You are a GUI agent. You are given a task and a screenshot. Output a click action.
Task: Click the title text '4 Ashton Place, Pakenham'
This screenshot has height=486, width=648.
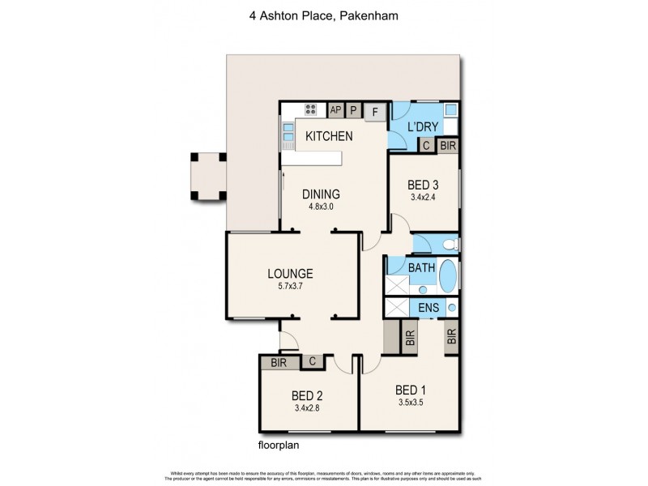324,14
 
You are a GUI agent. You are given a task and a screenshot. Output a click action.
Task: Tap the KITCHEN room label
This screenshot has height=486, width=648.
328,136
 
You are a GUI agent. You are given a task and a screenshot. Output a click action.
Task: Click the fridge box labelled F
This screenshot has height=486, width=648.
375,113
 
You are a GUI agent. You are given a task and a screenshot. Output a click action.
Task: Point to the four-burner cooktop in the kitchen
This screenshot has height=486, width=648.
310,110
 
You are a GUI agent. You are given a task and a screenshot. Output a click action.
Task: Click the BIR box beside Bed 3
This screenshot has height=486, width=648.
447,146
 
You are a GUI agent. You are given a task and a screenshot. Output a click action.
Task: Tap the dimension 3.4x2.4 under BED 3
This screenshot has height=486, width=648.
424,197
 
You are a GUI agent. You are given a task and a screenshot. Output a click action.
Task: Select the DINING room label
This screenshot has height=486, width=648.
321,194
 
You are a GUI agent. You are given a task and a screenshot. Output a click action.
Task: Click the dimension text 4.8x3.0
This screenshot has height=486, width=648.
321,207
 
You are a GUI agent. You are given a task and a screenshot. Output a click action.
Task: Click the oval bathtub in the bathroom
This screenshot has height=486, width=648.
447,276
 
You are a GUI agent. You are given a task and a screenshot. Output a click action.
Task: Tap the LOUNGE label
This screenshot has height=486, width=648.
289,273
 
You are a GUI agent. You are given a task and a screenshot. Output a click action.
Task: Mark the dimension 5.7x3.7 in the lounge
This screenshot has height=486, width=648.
289,286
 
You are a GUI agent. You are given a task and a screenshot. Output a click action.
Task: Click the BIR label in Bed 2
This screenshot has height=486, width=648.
279,363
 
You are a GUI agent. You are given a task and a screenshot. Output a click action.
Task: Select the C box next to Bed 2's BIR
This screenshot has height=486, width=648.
312,363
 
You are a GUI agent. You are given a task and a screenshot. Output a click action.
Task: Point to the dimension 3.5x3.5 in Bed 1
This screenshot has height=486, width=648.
411,402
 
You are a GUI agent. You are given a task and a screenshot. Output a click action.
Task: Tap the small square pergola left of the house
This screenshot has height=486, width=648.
206,176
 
